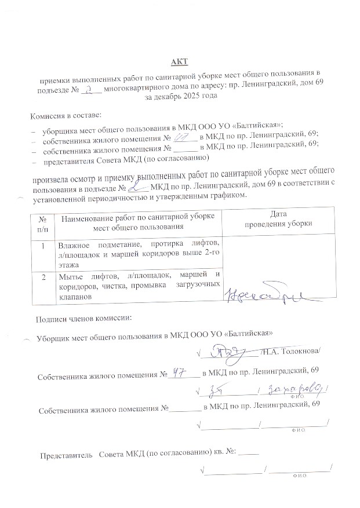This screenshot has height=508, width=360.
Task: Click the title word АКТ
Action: pos(180,61)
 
